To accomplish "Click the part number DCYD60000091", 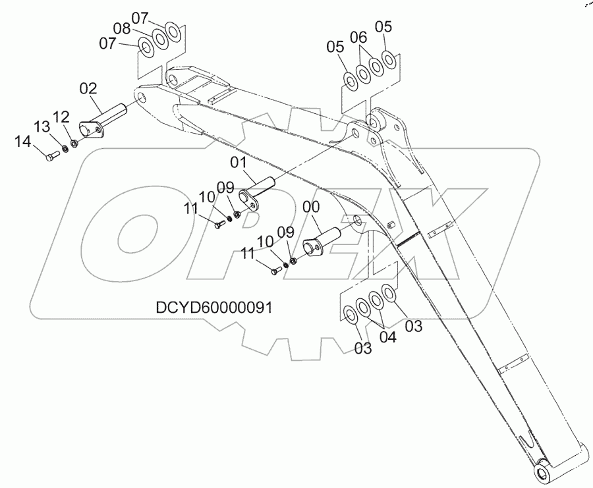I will coord(214,307).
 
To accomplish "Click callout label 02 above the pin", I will coord(88,88).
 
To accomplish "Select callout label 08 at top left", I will coord(122,28).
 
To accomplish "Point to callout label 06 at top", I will coord(358,38).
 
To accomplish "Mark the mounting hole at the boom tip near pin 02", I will coord(140,97).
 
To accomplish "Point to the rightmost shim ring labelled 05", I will coord(389,61).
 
